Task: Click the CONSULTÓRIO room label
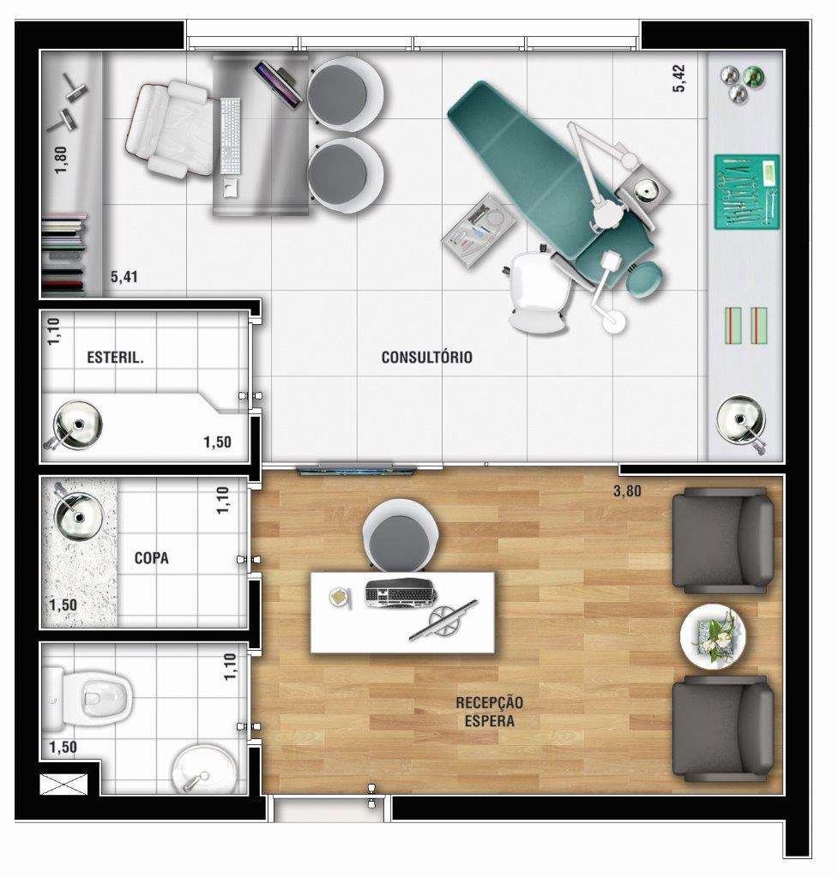[x=427, y=358]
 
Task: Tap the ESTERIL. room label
[x=116, y=358]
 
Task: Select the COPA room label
[x=151, y=558]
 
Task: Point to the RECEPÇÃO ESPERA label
[x=490, y=712]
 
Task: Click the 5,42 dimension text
[x=678, y=78]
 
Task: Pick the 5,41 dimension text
[x=124, y=277]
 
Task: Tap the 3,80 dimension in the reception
[x=627, y=491]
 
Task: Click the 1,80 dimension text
[x=61, y=159]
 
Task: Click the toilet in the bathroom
[x=88, y=699]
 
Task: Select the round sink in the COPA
[x=78, y=515]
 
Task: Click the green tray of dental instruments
[x=747, y=192]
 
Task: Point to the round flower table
[x=713, y=637]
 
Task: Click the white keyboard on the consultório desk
[x=230, y=135]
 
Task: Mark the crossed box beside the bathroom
[x=63, y=784]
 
